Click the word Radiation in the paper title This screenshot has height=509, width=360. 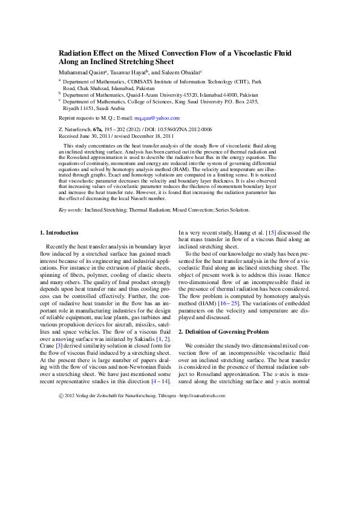pyautogui.click(x=76, y=53)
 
